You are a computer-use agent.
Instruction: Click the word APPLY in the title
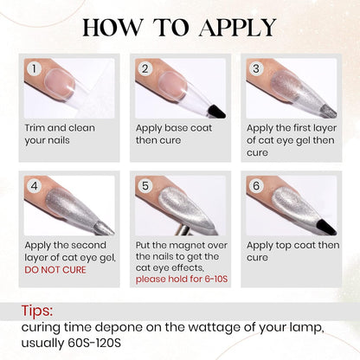point(237,28)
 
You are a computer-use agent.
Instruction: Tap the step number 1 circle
point(35,68)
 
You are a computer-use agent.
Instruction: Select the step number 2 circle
point(145,68)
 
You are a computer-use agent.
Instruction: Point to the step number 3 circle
point(256,68)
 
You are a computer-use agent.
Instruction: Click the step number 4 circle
point(35,186)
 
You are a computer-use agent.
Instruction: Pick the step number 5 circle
point(145,186)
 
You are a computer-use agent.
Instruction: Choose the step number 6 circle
point(256,186)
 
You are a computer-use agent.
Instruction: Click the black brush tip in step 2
point(216,112)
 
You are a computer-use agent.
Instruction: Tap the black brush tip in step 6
point(326,227)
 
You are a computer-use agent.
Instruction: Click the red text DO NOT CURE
point(55,270)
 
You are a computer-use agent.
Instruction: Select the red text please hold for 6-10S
point(182,280)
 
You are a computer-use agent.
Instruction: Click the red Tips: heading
point(37,311)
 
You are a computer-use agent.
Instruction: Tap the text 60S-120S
point(94,343)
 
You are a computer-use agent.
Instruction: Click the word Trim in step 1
point(35,128)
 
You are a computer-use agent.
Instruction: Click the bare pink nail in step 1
point(61,82)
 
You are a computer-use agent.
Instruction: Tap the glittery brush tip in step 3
point(329,111)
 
